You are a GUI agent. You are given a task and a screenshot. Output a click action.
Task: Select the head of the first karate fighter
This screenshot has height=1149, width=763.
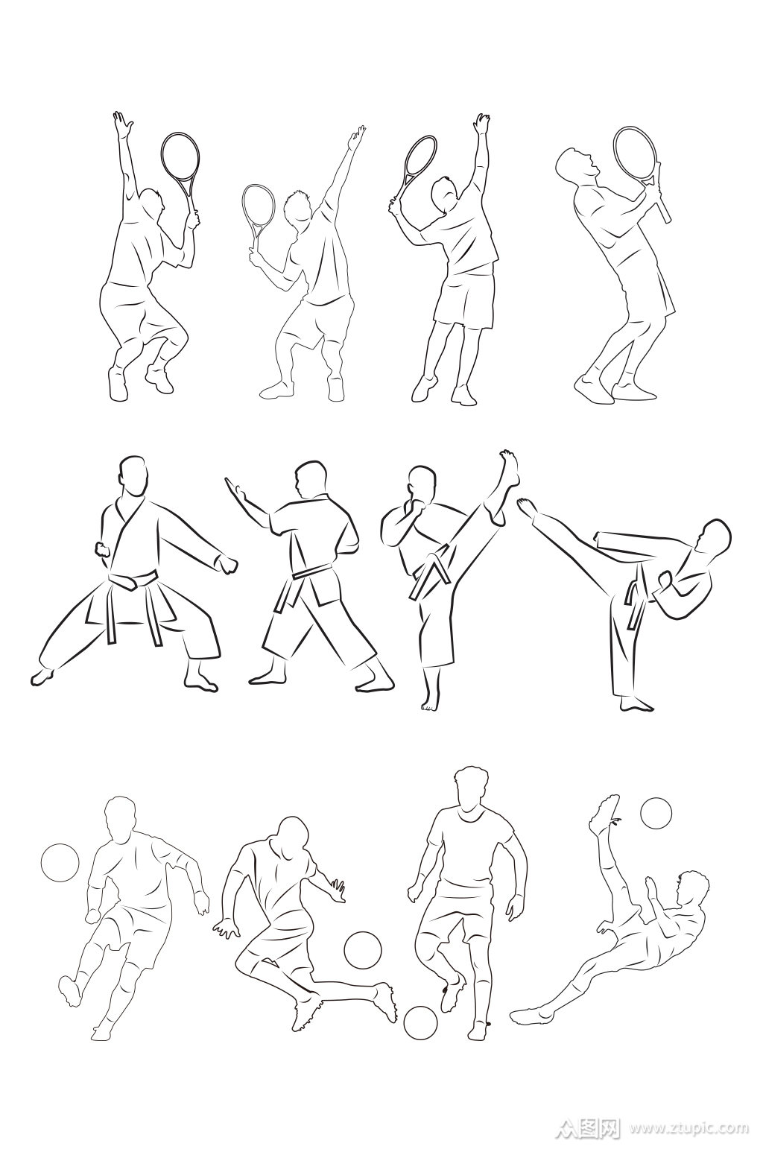click(133, 475)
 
